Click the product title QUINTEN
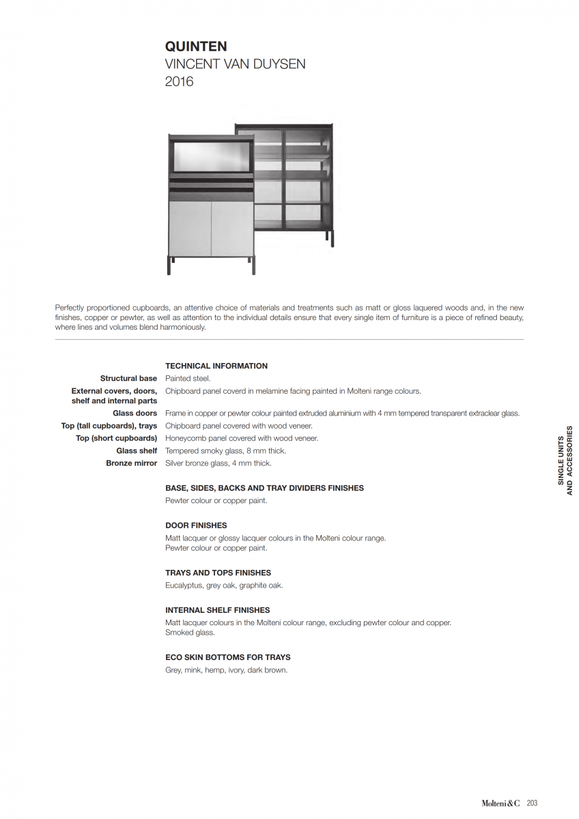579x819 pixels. click(196, 46)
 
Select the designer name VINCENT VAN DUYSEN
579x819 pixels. click(235, 64)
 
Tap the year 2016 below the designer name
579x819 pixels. click(180, 82)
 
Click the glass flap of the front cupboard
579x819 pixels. click(211, 157)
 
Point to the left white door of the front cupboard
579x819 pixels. click(190, 228)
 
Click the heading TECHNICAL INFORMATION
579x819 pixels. click(216, 366)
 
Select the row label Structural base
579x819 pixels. click(128, 378)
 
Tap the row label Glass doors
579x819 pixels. click(135, 413)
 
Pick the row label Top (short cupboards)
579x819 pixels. click(116, 438)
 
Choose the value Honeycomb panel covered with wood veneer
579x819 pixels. click(242, 438)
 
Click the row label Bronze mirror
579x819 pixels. click(131, 463)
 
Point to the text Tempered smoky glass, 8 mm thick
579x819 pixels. click(225, 451)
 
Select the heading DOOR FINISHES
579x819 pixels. click(196, 526)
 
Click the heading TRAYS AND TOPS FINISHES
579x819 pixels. click(218, 573)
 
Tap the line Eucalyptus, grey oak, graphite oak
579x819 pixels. click(224, 586)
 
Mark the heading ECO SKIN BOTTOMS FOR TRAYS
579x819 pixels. click(228, 657)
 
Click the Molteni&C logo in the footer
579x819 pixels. click(501, 803)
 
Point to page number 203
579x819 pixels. click(532, 803)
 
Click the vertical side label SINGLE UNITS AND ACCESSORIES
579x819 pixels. click(565, 461)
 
